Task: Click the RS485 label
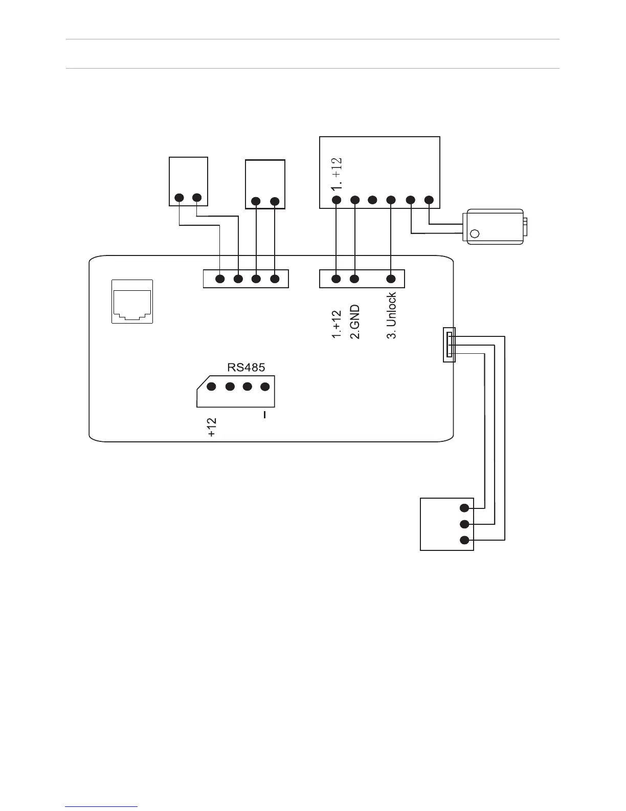click(x=246, y=367)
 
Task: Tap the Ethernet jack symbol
click(x=132, y=302)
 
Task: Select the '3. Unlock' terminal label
click(x=391, y=315)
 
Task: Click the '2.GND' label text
click(x=355, y=322)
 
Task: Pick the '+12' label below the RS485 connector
click(x=212, y=427)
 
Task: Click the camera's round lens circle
click(x=475, y=234)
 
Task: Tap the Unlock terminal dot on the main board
click(x=391, y=279)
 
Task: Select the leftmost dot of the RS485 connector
click(x=212, y=387)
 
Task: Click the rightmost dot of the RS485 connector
click(x=265, y=387)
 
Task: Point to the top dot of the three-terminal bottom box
click(x=464, y=508)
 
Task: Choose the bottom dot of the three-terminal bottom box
click(x=464, y=540)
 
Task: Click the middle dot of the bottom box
click(x=464, y=524)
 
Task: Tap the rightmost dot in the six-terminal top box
click(x=429, y=200)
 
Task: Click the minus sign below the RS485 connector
click(x=264, y=415)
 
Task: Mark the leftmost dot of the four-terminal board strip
click(x=220, y=279)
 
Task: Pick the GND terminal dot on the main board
click(x=355, y=279)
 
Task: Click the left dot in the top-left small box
click(x=179, y=198)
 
